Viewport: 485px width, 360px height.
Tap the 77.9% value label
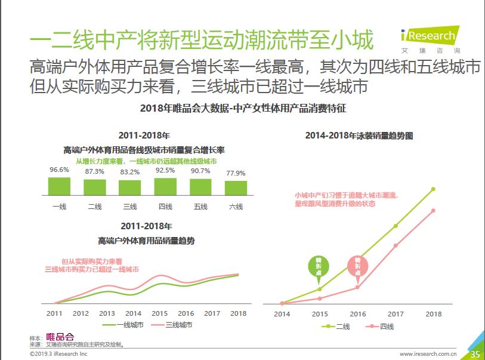[236, 173]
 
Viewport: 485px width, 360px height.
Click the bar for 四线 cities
[165, 187]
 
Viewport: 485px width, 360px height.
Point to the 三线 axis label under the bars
[130, 207]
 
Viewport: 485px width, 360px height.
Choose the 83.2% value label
[130, 172]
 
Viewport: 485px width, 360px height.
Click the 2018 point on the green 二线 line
[434, 189]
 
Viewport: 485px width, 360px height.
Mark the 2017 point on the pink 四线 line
[396, 245]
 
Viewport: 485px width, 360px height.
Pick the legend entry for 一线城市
[123, 325]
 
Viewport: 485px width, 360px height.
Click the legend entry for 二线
[337, 326]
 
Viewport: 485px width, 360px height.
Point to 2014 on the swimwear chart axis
[282, 314]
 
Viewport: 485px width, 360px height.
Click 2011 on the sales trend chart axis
[54, 313]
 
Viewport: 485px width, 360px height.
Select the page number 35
[475, 354]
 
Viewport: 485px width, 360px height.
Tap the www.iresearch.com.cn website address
[427, 354]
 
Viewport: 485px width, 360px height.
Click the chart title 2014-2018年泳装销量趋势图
[359, 136]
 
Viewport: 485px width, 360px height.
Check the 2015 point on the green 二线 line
[319, 289]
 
